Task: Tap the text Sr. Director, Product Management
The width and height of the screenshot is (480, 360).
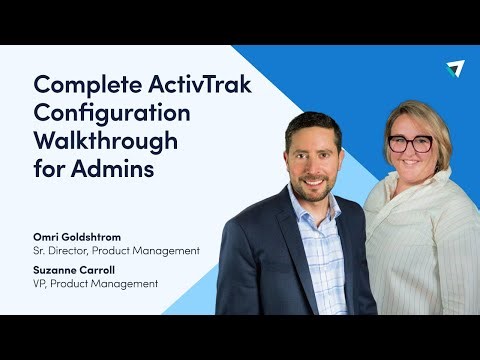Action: point(116,250)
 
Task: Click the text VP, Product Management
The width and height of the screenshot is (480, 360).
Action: point(95,284)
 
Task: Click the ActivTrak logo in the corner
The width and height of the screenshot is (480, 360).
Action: point(455,68)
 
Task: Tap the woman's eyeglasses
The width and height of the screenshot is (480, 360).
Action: point(409,143)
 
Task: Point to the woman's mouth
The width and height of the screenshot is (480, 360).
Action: point(411,167)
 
